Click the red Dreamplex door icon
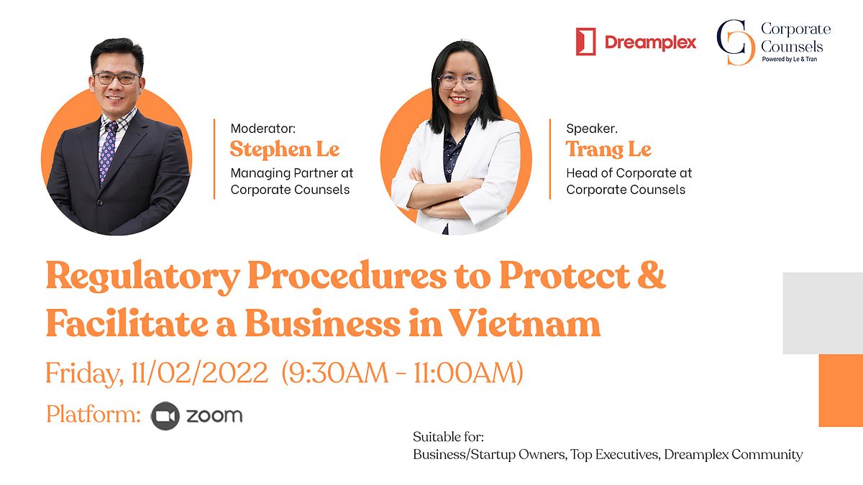[x=585, y=42]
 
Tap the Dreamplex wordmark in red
[x=650, y=42]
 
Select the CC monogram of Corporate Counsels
[x=735, y=42]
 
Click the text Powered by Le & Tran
[x=790, y=59]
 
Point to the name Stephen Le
[x=285, y=149]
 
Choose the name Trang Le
[x=608, y=149]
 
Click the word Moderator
[x=262, y=128]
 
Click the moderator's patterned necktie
[x=108, y=152]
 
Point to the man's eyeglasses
[x=117, y=78]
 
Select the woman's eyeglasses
[x=460, y=82]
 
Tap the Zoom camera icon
[x=165, y=416]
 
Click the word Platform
[x=93, y=414]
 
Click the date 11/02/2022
[x=199, y=373]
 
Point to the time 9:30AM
[x=339, y=373]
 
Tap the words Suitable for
[x=448, y=437]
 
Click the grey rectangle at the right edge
[x=823, y=313]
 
